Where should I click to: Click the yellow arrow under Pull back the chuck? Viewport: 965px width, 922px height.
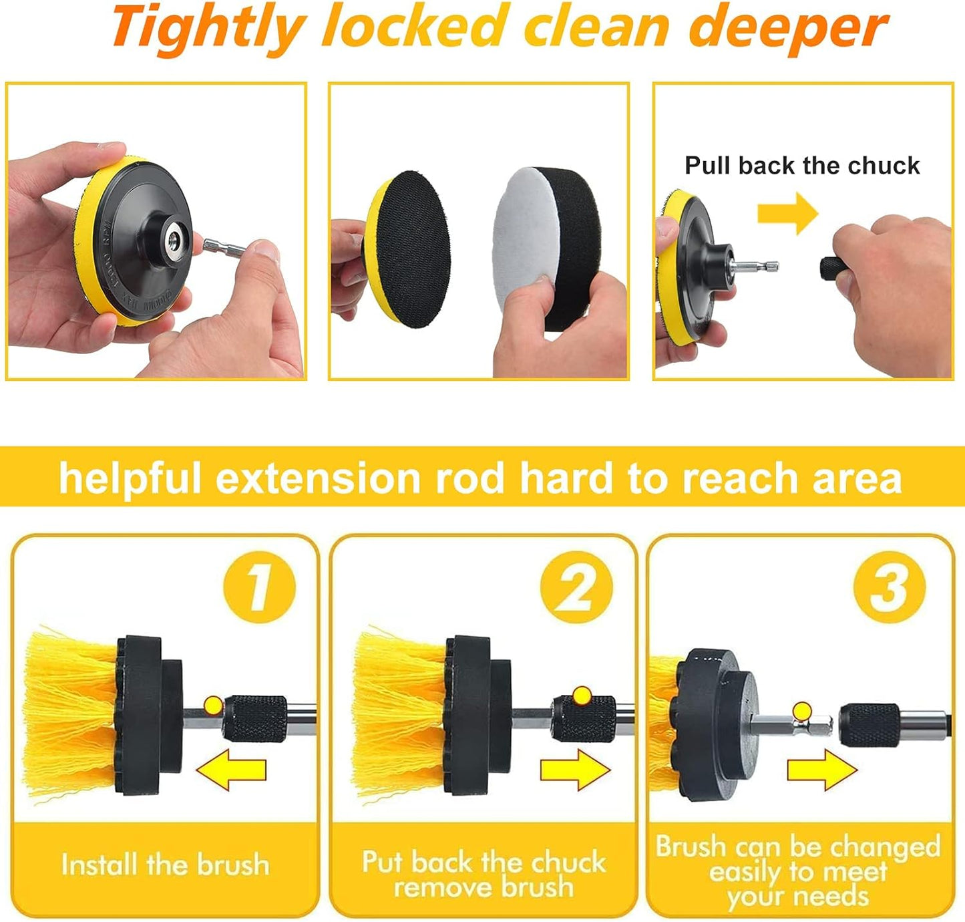787,213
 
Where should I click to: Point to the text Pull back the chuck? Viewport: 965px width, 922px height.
802,165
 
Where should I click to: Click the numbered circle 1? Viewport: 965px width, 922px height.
259,587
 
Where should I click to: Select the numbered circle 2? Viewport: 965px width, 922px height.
576,587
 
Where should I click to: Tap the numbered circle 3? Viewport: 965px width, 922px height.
890,587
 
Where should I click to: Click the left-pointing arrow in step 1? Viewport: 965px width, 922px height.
231,770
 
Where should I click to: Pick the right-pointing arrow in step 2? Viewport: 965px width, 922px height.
575,770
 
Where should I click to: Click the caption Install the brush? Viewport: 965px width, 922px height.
166,865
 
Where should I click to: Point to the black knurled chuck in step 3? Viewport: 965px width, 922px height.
870,725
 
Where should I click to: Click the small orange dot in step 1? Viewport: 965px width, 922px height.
214,705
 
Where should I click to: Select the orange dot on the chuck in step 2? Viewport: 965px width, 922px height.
582,696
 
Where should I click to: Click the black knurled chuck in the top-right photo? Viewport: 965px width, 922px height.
834,268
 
